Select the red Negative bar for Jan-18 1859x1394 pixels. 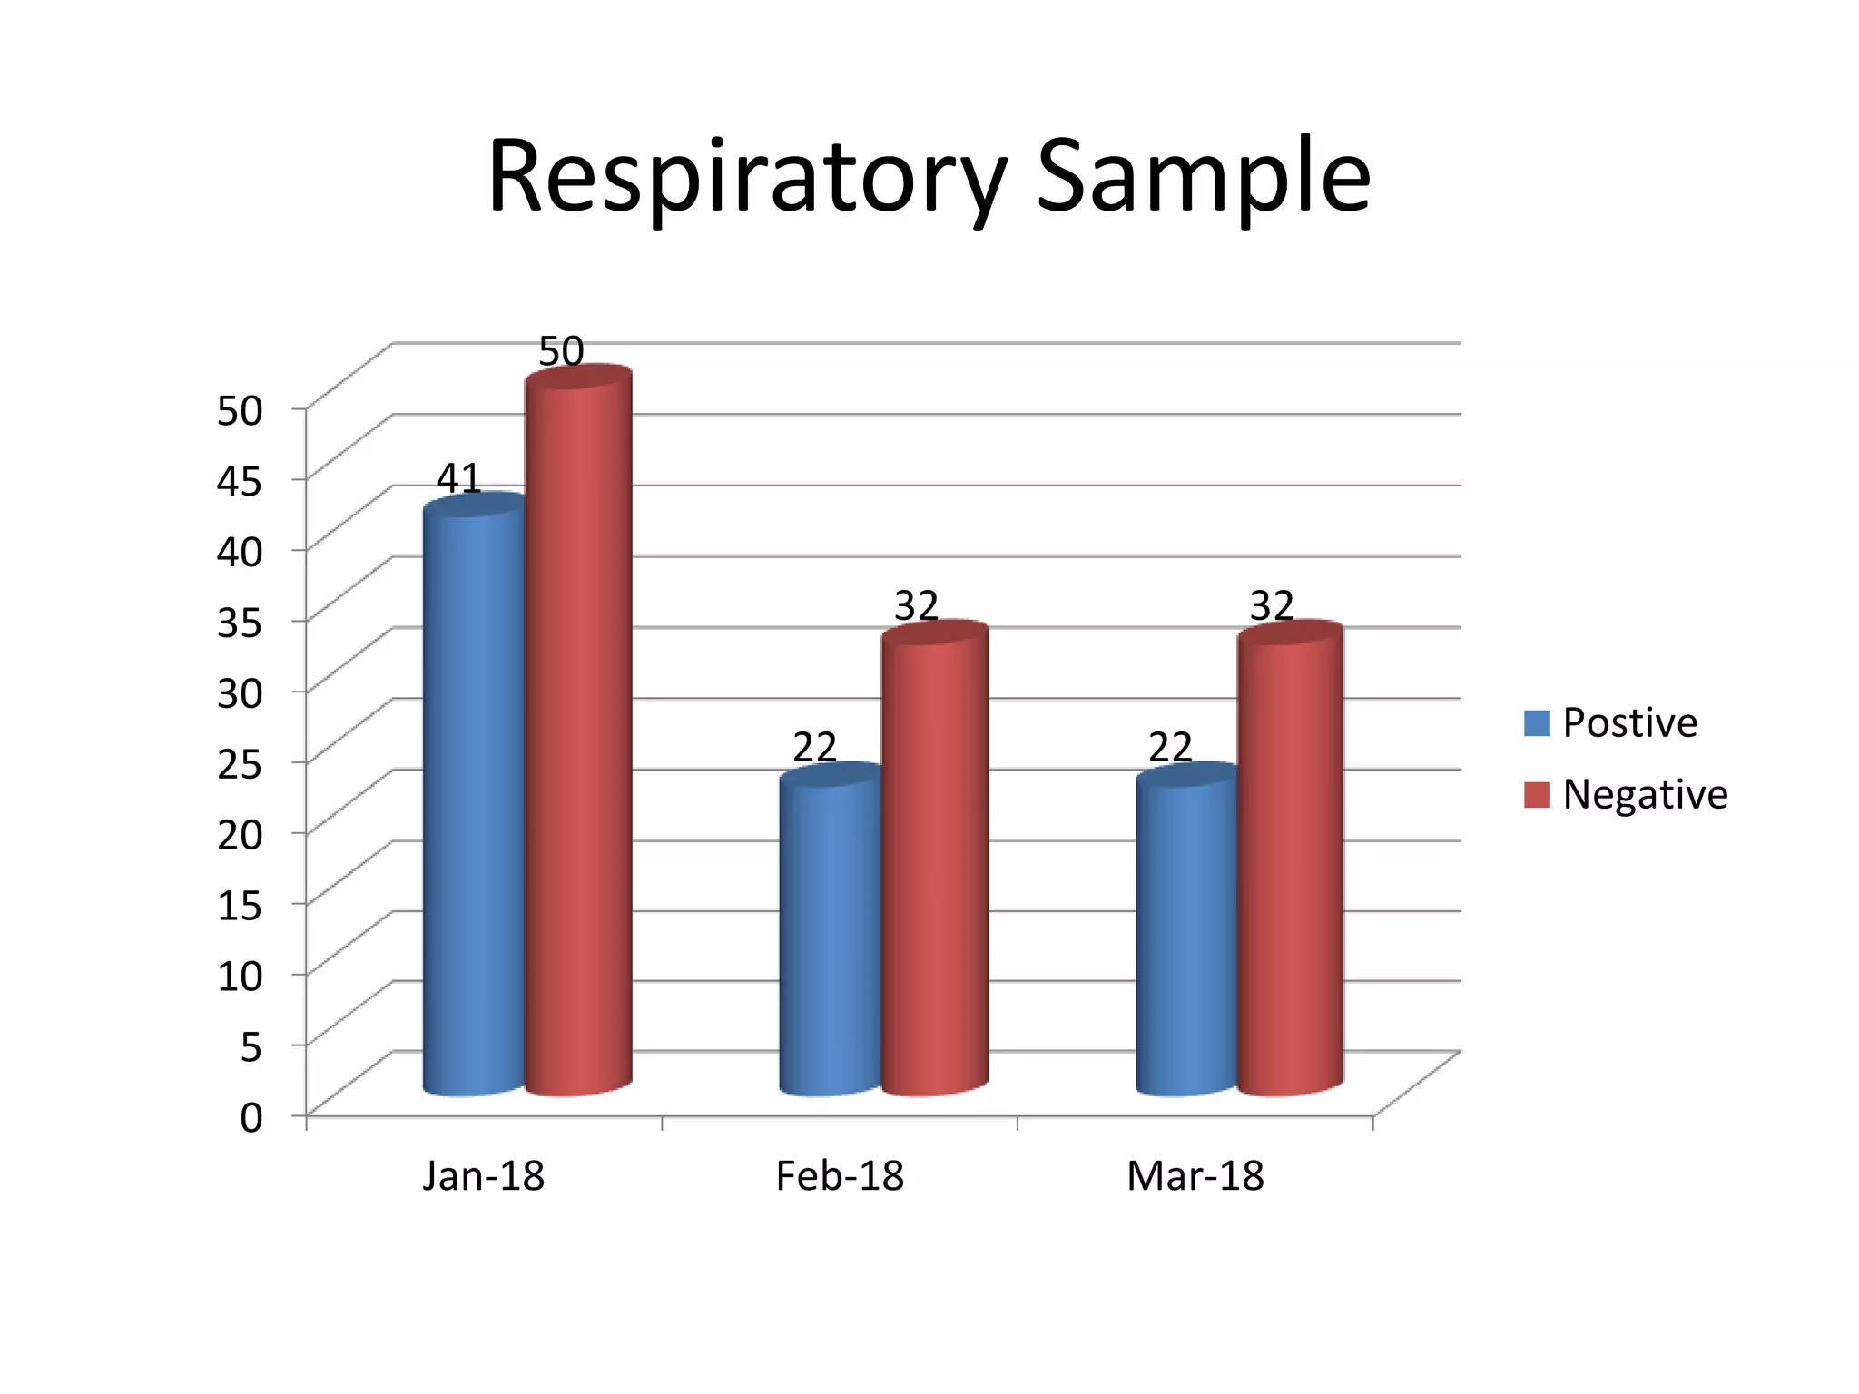point(578,731)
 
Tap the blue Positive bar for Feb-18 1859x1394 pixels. point(831,929)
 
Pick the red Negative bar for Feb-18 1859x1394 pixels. point(935,858)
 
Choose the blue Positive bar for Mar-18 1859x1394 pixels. point(1186,929)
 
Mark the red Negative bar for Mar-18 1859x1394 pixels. point(1291,858)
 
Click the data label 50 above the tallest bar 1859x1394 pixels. point(561,351)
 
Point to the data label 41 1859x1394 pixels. point(458,478)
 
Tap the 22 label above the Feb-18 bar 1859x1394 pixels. point(814,748)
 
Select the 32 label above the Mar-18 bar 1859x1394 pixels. point(1272,605)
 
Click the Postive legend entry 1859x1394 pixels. point(1611,722)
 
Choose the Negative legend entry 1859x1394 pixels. point(1626,794)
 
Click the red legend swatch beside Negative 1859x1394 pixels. point(1537,795)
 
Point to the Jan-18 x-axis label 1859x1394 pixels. point(484,1176)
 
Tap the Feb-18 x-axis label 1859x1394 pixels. point(840,1176)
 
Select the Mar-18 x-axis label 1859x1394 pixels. point(1195,1176)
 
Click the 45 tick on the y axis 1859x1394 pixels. point(240,480)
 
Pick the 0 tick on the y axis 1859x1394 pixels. point(251,1117)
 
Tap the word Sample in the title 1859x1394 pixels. point(1204,177)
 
